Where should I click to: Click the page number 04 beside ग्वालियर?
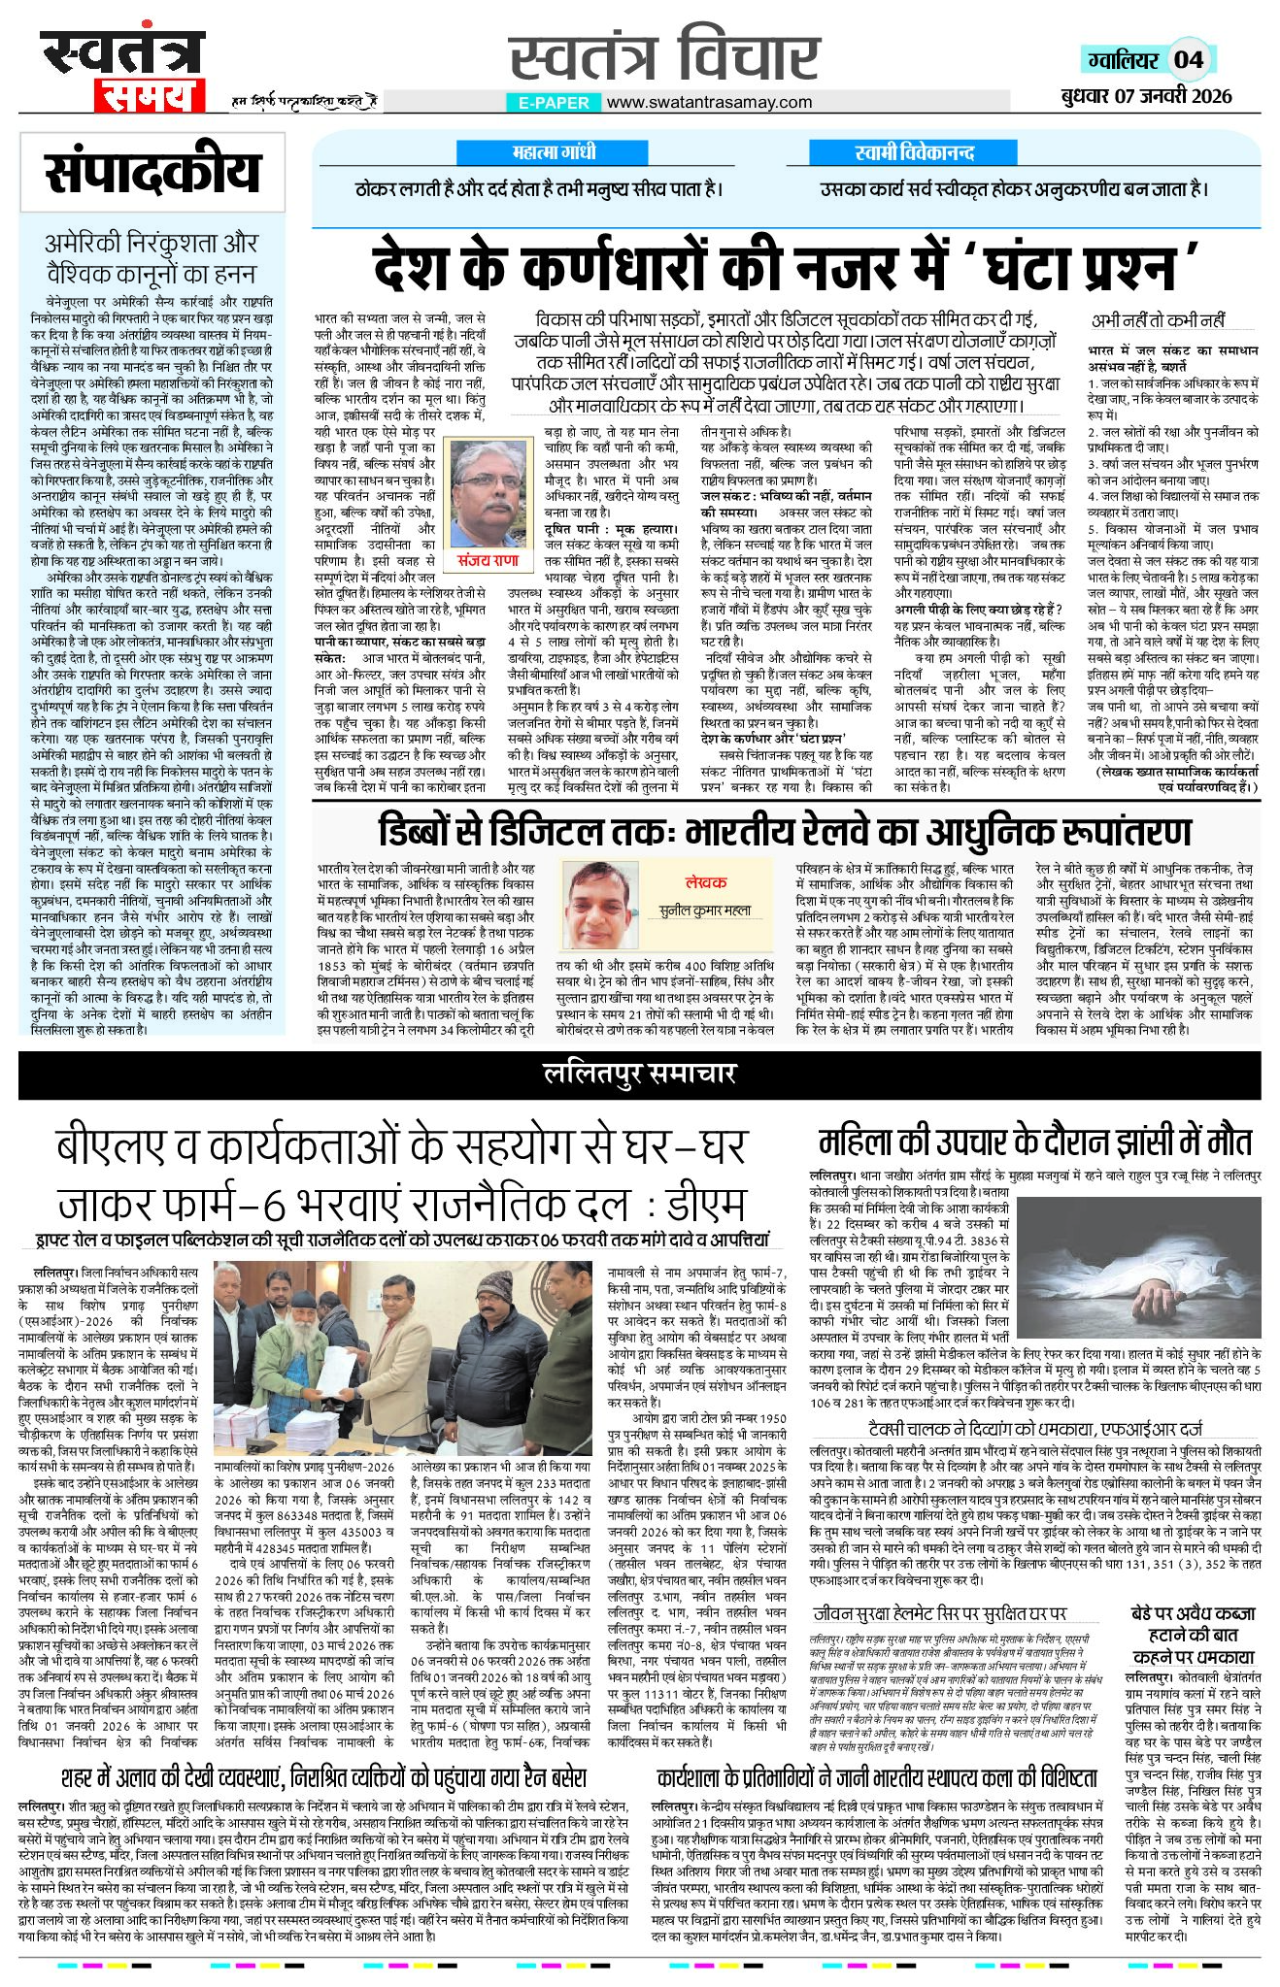tap(1188, 60)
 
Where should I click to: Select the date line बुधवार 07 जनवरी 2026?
tap(1146, 95)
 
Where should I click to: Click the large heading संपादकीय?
tap(152, 173)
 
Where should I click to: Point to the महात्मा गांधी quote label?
tap(554, 152)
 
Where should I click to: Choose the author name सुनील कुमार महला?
tap(704, 911)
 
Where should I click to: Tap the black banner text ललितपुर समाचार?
tap(639, 1074)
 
